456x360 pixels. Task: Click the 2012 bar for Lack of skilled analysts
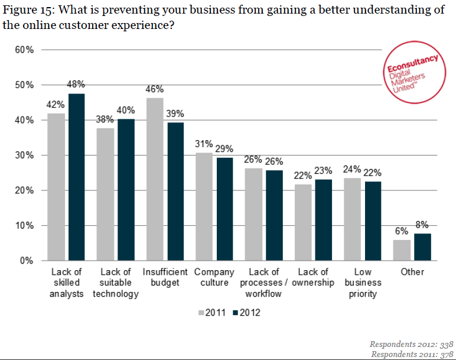tap(76, 177)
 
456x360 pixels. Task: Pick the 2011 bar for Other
tap(402, 250)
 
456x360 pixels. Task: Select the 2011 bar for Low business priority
tap(353, 219)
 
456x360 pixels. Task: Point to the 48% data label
tap(77, 85)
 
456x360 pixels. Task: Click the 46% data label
tap(155, 89)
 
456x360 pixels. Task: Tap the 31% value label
tap(204, 144)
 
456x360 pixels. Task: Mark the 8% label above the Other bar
tap(422, 225)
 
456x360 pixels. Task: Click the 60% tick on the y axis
tap(24, 50)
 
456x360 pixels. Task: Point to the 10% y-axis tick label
tap(24, 226)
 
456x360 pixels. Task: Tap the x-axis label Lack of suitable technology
tap(116, 283)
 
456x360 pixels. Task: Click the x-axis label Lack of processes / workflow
tap(263, 283)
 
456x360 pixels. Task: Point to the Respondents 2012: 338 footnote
tap(411, 343)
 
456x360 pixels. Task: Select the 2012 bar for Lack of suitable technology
tap(126, 190)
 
